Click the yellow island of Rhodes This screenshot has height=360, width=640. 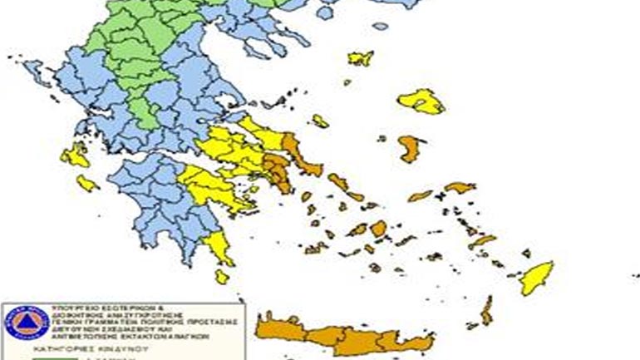point(536,278)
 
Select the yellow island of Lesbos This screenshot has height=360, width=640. point(421,101)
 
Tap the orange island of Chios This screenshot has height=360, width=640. point(407,149)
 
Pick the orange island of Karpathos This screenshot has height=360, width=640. point(486,311)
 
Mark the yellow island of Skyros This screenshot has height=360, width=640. point(320,121)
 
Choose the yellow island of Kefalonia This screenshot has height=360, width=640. point(75,155)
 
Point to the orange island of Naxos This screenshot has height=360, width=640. point(379,228)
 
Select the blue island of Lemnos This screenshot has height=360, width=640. point(361,59)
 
